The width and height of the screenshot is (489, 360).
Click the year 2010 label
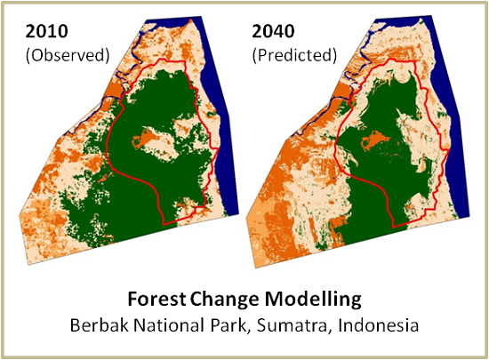(46, 31)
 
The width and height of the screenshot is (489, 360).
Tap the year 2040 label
(273, 31)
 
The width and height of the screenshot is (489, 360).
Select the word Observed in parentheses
(68, 55)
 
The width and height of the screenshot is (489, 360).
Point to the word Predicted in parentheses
(294, 55)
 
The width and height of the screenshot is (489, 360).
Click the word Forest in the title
(156, 299)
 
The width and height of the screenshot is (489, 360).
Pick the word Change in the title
(224, 300)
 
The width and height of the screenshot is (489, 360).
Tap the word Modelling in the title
(313, 300)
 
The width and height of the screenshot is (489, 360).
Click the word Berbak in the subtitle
(100, 325)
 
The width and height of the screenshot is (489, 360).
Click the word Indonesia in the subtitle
(378, 325)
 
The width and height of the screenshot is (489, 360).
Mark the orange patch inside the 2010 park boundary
(146, 138)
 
